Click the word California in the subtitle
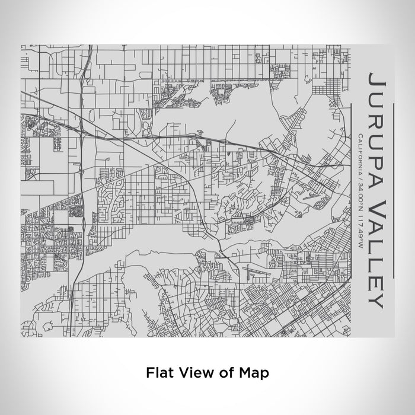coord(361,154)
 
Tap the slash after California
coord(361,176)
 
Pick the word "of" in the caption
coord(223,373)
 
